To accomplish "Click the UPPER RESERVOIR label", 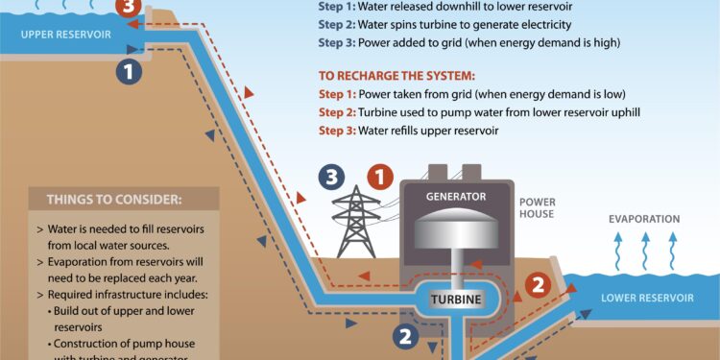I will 63,35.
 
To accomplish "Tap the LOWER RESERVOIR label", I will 647,298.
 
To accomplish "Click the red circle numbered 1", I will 381,177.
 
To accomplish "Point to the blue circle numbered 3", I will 332,177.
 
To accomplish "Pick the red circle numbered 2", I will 539,284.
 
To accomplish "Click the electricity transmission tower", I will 356,223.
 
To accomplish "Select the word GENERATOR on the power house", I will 455,196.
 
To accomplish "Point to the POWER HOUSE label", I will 537,208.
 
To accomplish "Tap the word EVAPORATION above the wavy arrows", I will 644,219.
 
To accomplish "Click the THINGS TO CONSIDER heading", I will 113,201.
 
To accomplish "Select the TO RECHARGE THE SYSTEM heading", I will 397,75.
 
